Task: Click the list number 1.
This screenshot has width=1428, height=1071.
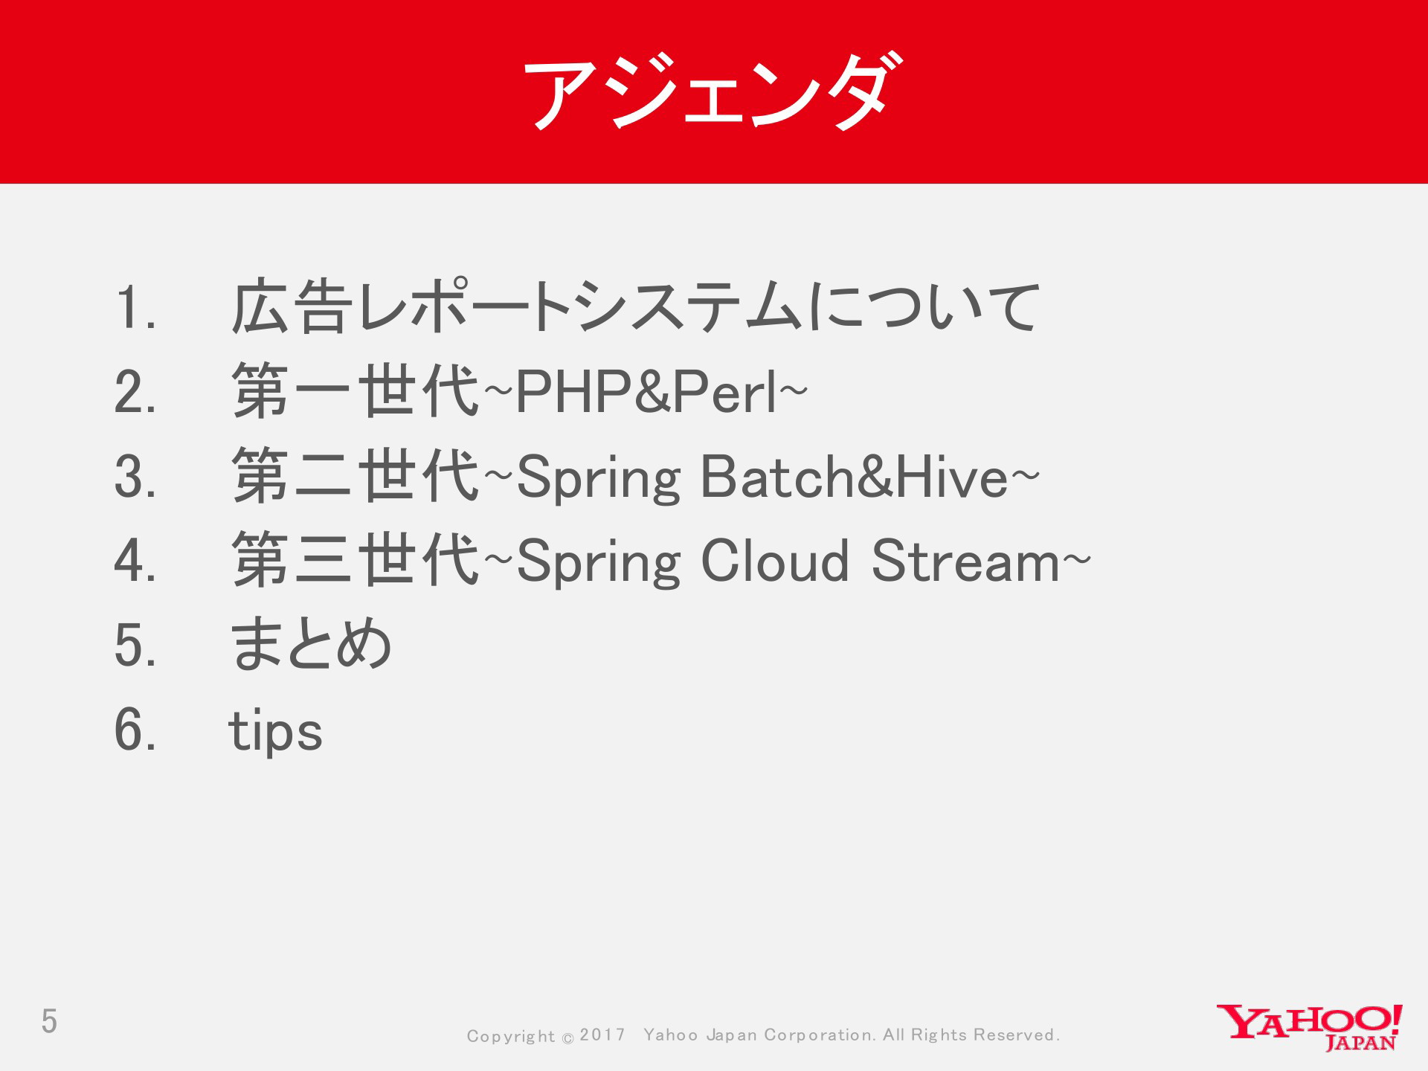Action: pyautogui.click(x=135, y=307)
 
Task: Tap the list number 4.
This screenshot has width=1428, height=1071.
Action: pyautogui.click(x=135, y=560)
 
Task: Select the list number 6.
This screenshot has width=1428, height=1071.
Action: pyautogui.click(x=135, y=729)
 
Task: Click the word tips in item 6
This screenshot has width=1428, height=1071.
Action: pyautogui.click(x=275, y=731)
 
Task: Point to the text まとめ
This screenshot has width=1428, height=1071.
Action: pyautogui.click(x=311, y=644)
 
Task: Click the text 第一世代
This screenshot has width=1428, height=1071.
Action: pyautogui.click(x=356, y=391)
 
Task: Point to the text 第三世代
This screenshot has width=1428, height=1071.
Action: pyautogui.click(x=356, y=559)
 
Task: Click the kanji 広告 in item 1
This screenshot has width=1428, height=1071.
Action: pyautogui.click(x=292, y=306)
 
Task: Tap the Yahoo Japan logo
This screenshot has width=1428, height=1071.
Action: pyautogui.click(x=1309, y=1027)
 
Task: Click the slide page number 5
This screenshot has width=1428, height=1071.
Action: pyautogui.click(x=49, y=1021)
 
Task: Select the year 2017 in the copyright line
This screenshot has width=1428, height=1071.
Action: pyautogui.click(x=602, y=1035)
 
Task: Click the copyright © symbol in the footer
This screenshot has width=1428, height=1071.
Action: pyautogui.click(x=567, y=1038)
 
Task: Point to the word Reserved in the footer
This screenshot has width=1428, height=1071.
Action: pyautogui.click(x=1014, y=1035)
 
